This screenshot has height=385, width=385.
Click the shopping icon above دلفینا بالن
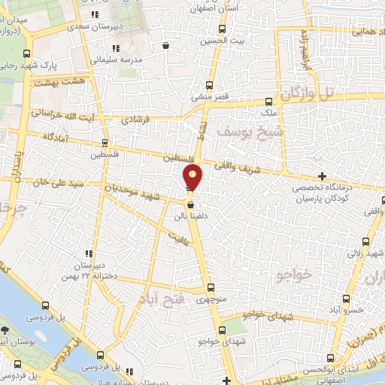click(191, 205)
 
